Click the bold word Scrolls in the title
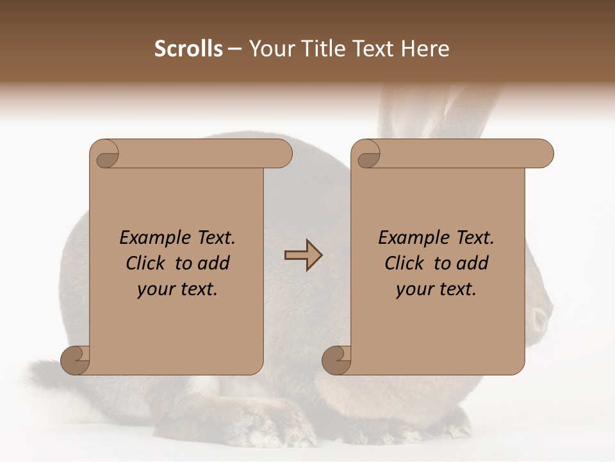(x=188, y=49)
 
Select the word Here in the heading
(x=425, y=49)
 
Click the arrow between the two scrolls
(x=303, y=255)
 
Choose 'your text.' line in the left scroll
(x=177, y=289)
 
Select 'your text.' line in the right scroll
(x=436, y=289)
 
